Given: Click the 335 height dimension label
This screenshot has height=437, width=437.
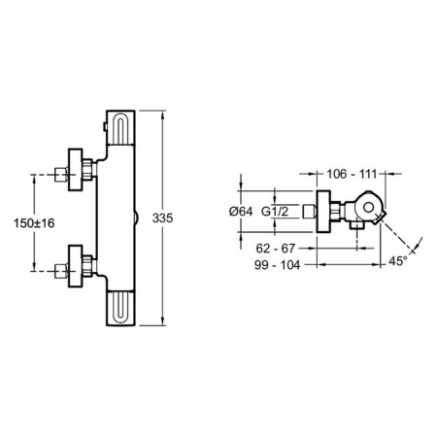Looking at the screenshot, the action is pyautogui.click(x=162, y=218).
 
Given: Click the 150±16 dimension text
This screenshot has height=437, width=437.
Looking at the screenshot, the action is pyautogui.click(x=34, y=223).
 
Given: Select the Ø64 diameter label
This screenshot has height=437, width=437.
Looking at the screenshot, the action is pyautogui.click(x=241, y=212).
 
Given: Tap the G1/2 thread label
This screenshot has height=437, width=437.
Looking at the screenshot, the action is pyautogui.click(x=275, y=212).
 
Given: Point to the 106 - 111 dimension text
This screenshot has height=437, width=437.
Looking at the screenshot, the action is pyautogui.click(x=352, y=174).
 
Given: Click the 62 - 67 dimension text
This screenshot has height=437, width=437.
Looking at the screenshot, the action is pyautogui.click(x=276, y=249).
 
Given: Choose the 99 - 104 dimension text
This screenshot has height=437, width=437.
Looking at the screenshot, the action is pyautogui.click(x=277, y=265).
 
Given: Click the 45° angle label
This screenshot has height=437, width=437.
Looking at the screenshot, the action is pyautogui.click(x=398, y=261).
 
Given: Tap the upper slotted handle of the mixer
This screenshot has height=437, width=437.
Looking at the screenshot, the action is pyautogui.click(x=120, y=128).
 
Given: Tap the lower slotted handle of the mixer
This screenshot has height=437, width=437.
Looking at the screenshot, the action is pyautogui.click(x=120, y=308).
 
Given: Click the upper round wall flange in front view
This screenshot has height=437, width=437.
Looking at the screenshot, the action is pyautogui.click(x=76, y=170).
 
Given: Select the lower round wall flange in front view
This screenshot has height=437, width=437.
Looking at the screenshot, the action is pyautogui.click(x=76, y=266).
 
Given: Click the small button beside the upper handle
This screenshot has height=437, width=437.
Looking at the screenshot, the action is pyautogui.click(x=105, y=127).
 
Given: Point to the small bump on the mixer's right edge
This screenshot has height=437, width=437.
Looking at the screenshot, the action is pyautogui.click(x=137, y=218).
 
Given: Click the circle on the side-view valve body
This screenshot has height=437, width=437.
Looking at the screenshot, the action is pyautogui.click(x=368, y=207).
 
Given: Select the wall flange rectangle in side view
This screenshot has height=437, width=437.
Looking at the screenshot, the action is pyautogui.click(x=323, y=212).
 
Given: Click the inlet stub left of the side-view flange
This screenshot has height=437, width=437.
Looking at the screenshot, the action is pyautogui.click(x=309, y=212).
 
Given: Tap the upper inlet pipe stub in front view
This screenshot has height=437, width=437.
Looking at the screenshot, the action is pyautogui.click(x=61, y=174).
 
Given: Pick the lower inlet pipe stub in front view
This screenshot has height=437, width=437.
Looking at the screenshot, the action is pyautogui.click(x=61, y=271).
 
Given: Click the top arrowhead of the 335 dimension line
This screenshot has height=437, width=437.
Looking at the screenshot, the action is pyautogui.click(x=162, y=113).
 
